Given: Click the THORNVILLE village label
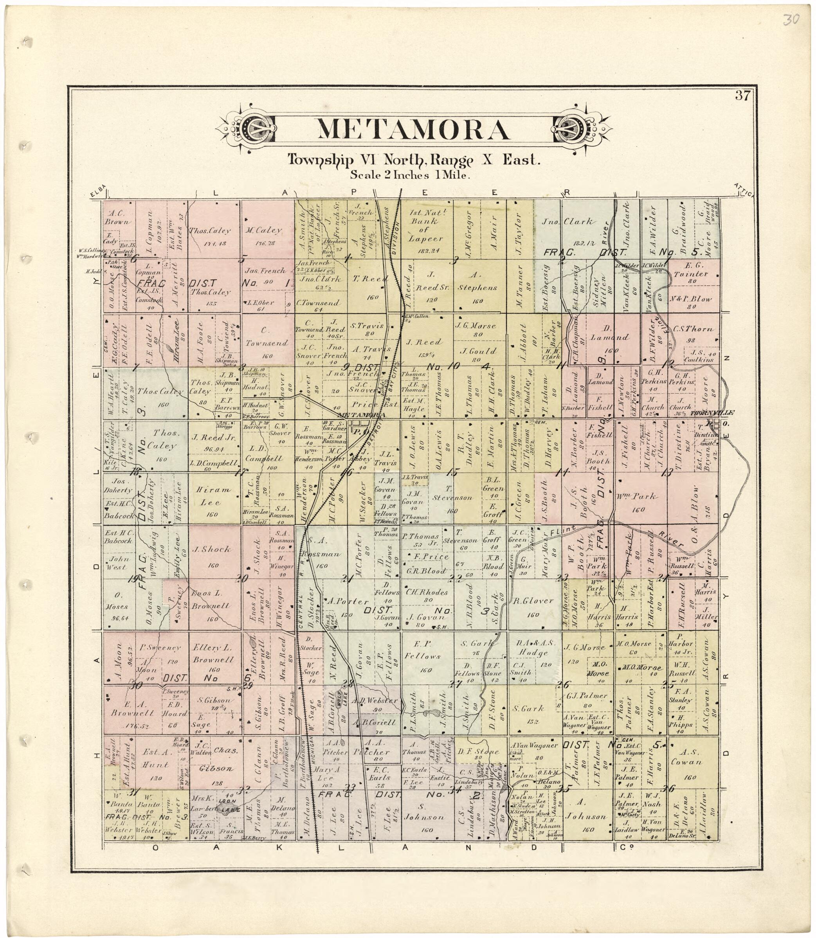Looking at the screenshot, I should pyautogui.click(x=712, y=413).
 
